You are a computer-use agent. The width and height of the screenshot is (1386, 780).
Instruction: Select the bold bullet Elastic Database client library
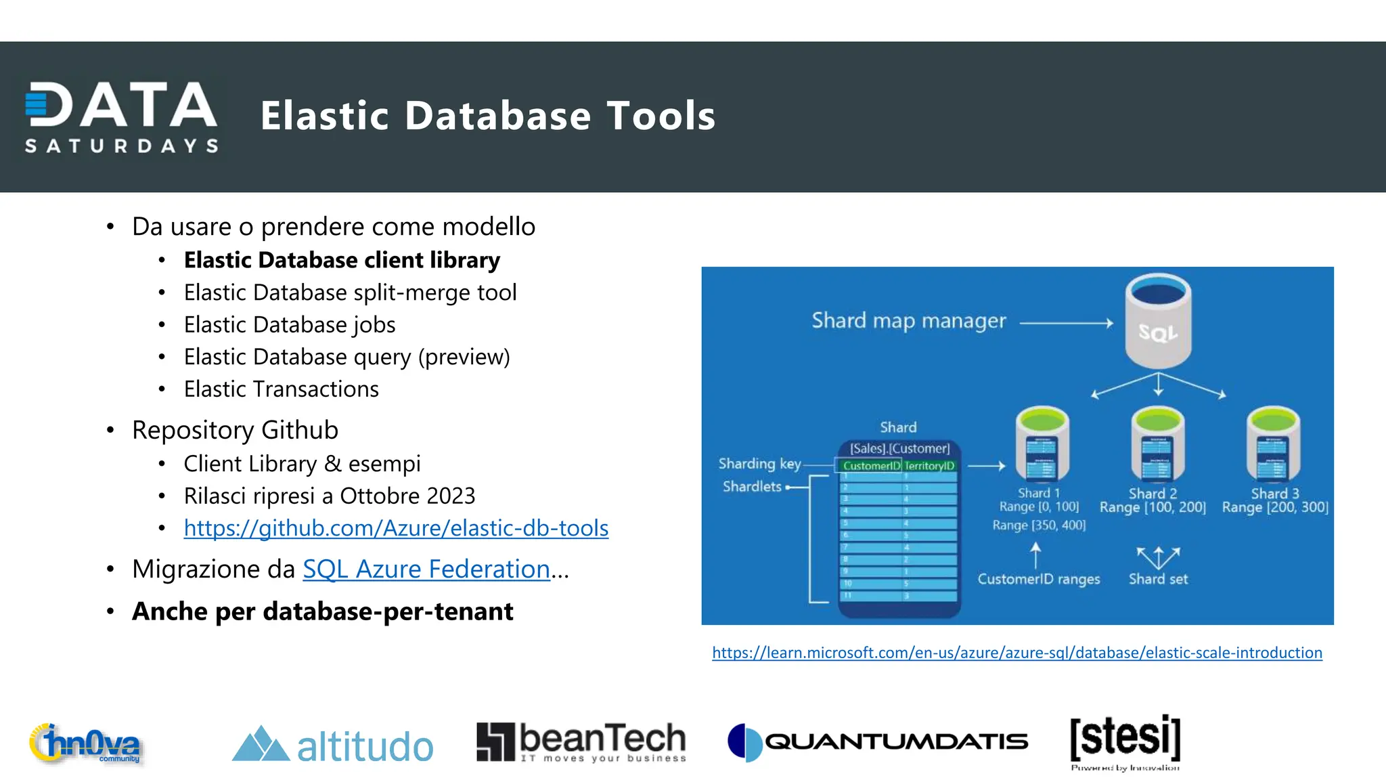pyautogui.click(x=342, y=260)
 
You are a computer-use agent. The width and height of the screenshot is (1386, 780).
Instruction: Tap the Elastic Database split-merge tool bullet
pyautogui.click(x=350, y=292)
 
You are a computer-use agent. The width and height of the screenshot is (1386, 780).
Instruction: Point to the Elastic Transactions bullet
pyautogui.click(x=281, y=389)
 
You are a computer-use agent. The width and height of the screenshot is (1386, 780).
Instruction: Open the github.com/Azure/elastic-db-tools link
pyautogui.click(x=396, y=528)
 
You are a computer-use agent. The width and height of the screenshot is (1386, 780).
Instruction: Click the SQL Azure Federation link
pyautogui.click(x=426, y=569)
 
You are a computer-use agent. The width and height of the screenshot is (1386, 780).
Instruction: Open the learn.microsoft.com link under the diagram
pyautogui.click(x=1016, y=653)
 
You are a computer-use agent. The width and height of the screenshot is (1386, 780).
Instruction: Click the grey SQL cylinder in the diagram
pyautogui.click(x=1158, y=321)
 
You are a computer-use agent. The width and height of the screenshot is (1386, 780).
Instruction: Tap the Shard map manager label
pyautogui.click(x=908, y=320)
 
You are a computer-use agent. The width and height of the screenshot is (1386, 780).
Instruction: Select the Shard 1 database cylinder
pyautogui.click(x=1042, y=444)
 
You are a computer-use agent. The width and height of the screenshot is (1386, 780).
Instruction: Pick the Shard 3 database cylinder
pyautogui.click(x=1273, y=444)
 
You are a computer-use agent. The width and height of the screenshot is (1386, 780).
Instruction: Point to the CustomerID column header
pyautogui.click(x=871, y=466)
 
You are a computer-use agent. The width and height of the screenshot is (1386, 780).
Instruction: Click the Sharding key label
pyautogui.click(x=759, y=464)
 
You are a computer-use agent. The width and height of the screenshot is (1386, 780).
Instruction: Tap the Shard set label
pyautogui.click(x=1158, y=579)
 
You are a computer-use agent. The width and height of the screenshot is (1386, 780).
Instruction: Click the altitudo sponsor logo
pyautogui.click(x=332, y=745)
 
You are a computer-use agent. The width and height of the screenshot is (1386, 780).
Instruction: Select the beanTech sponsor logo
pyautogui.click(x=581, y=742)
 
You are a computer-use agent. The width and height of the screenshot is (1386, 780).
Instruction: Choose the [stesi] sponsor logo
pyautogui.click(x=1125, y=741)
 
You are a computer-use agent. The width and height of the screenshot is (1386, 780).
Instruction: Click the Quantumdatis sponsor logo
pyautogui.click(x=878, y=742)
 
